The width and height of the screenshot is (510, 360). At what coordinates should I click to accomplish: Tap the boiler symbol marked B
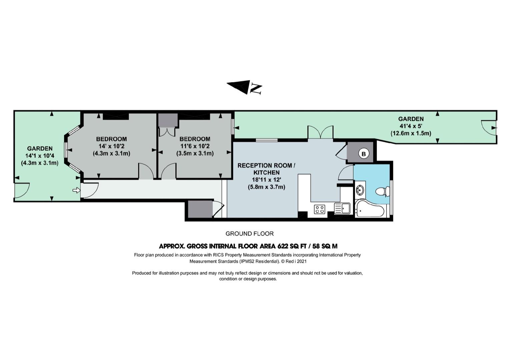pos(364,154)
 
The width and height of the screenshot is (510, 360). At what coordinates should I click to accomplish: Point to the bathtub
pos(370,208)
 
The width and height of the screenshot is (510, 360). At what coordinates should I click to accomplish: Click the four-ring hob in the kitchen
pos(320,209)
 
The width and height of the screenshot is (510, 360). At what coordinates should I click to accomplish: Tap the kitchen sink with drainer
pos(342,208)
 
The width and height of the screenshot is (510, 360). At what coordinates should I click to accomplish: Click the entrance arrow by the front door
pos(76,190)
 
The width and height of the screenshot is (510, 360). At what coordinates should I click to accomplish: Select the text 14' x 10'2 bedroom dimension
pos(111,146)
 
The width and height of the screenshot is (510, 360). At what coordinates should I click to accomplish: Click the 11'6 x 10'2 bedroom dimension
pos(195,146)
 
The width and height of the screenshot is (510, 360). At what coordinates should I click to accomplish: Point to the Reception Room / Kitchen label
pos(267,169)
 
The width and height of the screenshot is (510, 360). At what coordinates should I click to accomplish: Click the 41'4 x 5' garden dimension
pos(411,126)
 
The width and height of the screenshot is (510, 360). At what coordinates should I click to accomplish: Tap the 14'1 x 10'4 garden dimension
pos(40,156)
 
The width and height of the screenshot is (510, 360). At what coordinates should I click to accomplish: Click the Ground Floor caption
pos(249,234)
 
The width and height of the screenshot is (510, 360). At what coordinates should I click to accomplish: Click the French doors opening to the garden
pos(321,132)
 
